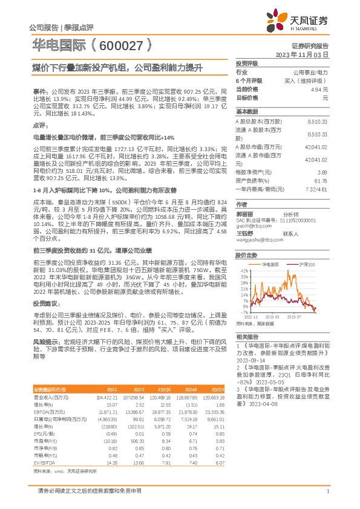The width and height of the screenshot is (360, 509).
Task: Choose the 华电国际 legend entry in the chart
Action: coord(270,265)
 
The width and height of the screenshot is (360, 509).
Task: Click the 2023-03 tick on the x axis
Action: coord(270,316)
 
